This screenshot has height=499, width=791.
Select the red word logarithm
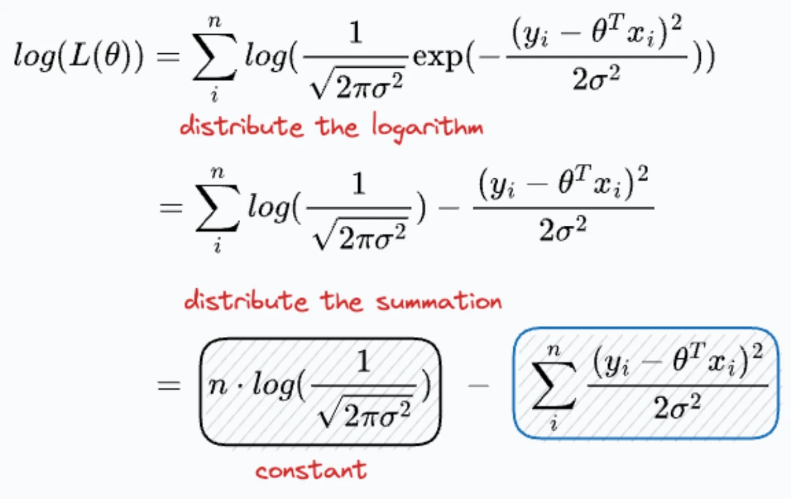pyautogui.click(x=428, y=128)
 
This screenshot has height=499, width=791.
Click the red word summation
pyautogui.click(x=439, y=302)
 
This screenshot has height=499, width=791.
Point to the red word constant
pyautogui.click(x=311, y=471)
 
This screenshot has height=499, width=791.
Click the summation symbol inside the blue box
pyautogui.click(x=553, y=386)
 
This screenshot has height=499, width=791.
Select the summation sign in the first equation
pyautogui.click(x=215, y=57)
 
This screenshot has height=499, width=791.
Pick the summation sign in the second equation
pyautogui.click(x=218, y=207)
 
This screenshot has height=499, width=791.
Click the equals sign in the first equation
pyautogui.click(x=168, y=57)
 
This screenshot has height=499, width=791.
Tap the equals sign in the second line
pyautogui.click(x=171, y=207)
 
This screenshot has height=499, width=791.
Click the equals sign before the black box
pyautogui.click(x=169, y=385)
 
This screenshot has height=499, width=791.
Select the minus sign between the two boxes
pyautogui.click(x=478, y=385)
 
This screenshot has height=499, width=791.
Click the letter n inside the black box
pyautogui.click(x=218, y=386)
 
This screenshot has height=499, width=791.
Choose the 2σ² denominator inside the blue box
pyautogui.click(x=677, y=407)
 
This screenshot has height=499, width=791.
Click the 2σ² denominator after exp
pyautogui.click(x=596, y=78)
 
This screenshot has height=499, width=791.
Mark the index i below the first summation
pyautogui.click(x=215, y=95)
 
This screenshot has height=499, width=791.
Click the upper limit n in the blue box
pyautogui.click(x=553, y=350)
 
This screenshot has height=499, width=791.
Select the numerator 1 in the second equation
pyautogui.click(x=359, y=183)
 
